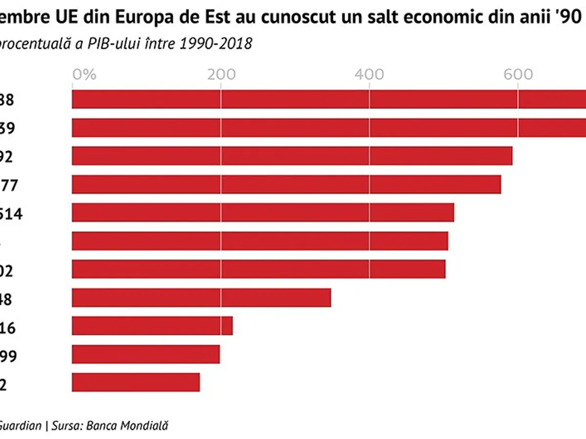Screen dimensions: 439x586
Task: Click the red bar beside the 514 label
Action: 263,213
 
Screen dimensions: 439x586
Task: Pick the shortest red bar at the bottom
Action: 136,382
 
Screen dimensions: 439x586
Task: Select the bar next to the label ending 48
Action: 201,298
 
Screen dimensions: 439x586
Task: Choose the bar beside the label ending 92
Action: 292,156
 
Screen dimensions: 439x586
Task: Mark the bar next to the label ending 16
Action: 152,326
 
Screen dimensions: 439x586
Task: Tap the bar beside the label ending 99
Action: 146,354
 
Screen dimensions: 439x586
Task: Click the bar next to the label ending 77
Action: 286,184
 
